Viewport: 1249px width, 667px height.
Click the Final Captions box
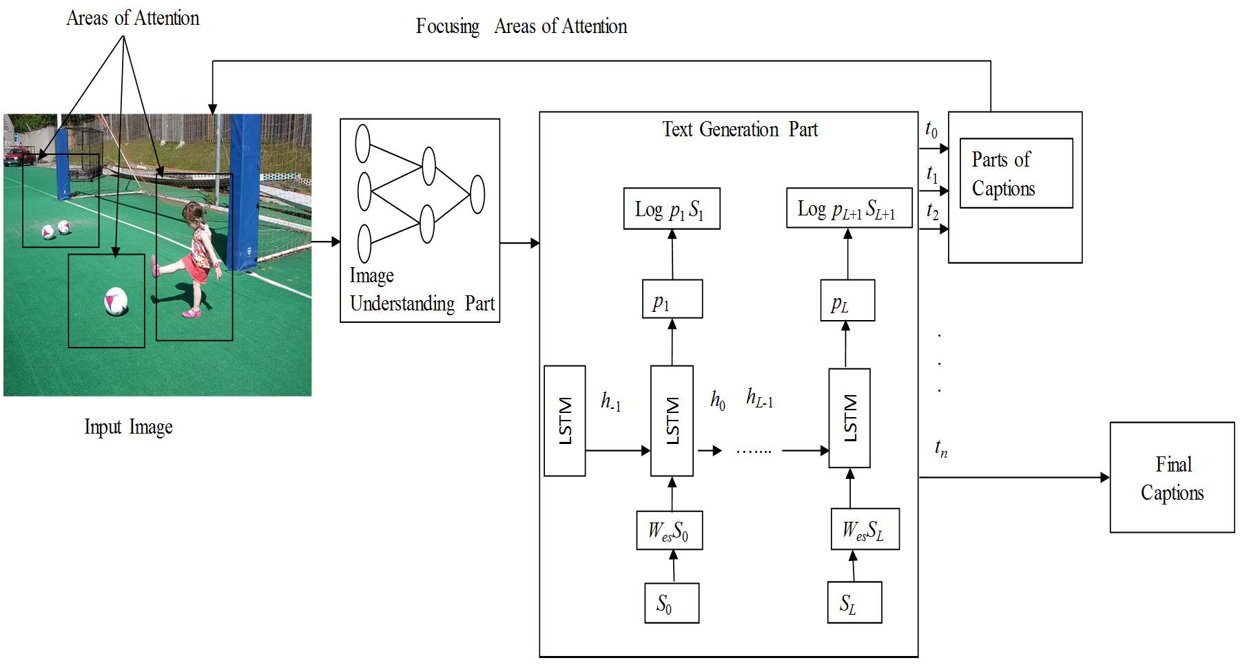[x=1172, y=477]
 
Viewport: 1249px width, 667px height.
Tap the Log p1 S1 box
[x=672, y=209]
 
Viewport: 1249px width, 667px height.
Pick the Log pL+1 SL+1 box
[x=849, y=209]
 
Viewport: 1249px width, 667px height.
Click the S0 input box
[x=672, y=603]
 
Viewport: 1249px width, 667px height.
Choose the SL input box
[x=854, y=602]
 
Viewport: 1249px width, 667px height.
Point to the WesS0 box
[x=670, y=530]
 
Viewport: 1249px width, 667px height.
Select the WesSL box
[x=865, y=529]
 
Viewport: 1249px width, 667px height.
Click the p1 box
[x=672, y=299]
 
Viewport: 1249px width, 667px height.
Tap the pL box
[x=847, y=300]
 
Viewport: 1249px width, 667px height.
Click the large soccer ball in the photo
[x=116, y=301]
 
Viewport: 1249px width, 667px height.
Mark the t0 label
[x=931, y=129]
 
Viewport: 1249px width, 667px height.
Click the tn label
[x=941, y=448]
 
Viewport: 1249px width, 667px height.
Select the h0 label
[x=718, y=400]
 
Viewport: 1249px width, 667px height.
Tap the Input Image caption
[x=128, y=427]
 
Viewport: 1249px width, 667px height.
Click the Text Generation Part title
[x=740, y=129]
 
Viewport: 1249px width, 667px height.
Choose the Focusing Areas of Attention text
[x=522, y=27]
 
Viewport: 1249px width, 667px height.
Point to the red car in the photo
[x=19, y=156]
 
